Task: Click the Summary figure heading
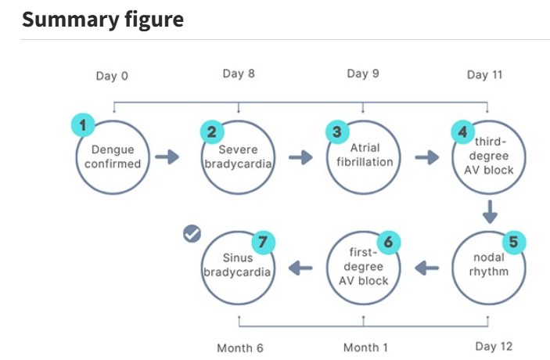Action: [102, 20]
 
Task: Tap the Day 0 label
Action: [112, 76]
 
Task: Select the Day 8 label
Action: [239, 74]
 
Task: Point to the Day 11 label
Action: [485, 74]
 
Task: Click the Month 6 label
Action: [240, 347]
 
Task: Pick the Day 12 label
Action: [494, 347]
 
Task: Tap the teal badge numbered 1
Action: [83, 125]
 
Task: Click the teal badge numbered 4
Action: [463, 132]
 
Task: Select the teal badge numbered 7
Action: [264, 242]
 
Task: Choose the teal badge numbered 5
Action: [514, 242]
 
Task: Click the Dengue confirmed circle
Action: [113, 157]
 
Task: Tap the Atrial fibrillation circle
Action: [364, 157]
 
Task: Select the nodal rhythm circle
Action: [489, 268]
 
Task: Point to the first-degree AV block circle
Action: [364, 268]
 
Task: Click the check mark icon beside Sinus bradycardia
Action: [192, 234]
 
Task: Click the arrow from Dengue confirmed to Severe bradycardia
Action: [167, 157]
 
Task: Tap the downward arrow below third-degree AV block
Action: [490, 212]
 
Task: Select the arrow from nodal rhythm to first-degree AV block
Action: [426, 268]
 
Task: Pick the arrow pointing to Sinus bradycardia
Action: [300, 268]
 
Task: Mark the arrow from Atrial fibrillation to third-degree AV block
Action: [427, 157]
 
